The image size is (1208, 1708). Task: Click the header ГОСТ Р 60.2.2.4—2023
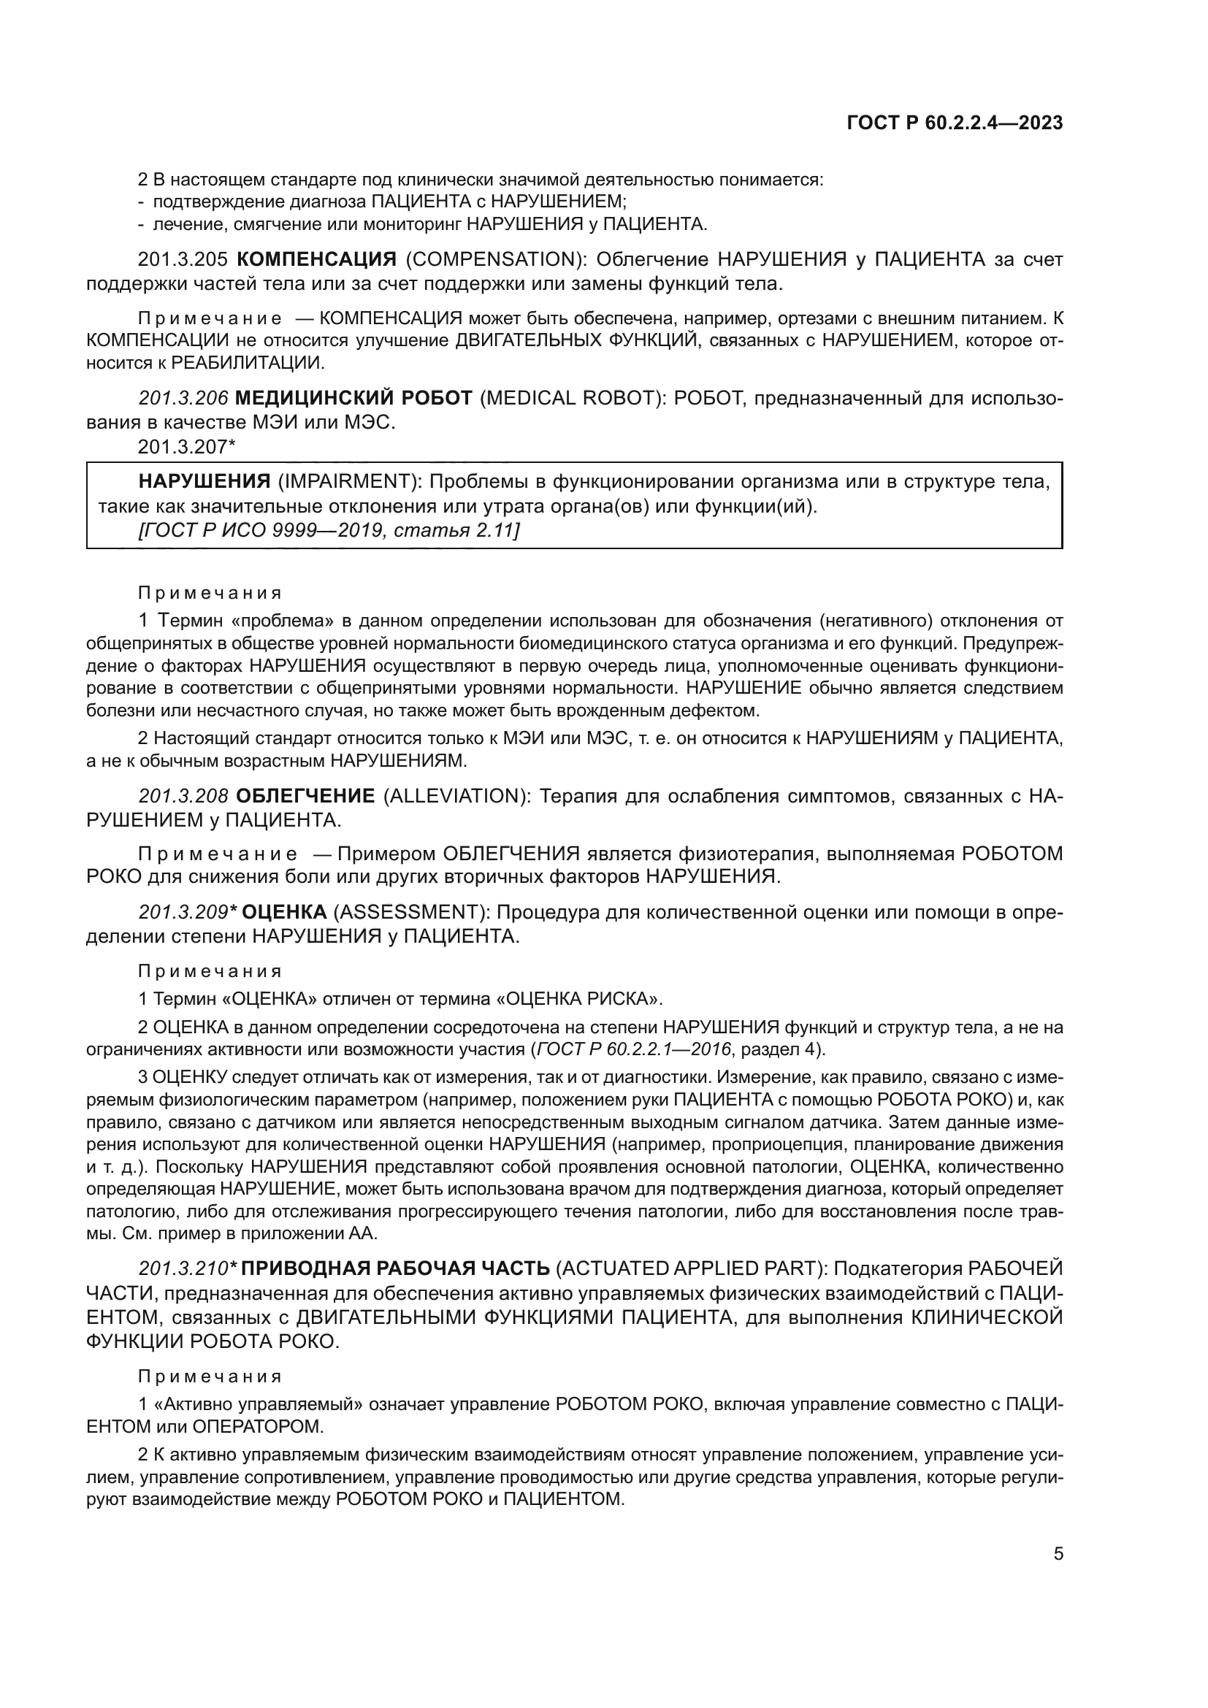[955, 123]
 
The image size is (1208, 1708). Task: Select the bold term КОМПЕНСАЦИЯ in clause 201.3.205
[316, 260]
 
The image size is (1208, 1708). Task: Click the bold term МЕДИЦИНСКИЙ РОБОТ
[353, 398]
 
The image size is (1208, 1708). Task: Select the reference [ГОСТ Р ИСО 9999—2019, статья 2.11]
[329, 530]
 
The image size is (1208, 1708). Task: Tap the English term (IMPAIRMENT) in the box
[347, 481]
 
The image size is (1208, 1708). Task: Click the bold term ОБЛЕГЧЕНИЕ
[305, 796]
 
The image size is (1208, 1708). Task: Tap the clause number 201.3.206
[183, 398]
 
